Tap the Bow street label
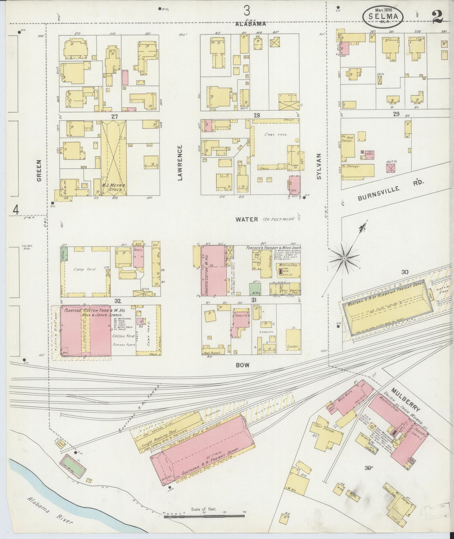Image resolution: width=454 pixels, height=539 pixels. point(243,365)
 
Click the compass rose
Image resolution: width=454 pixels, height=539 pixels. point(344,258)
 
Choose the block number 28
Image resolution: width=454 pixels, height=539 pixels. point(257,116)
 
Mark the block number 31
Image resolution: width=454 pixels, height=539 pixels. point(254,300)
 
